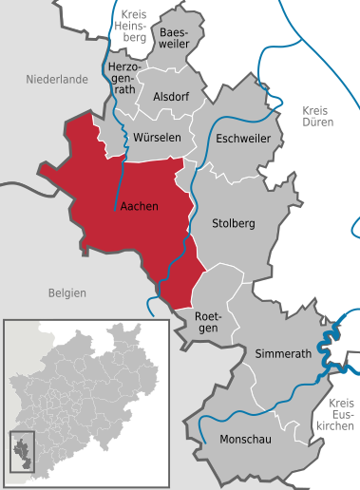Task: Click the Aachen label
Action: point(140,206)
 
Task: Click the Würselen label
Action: point(157,138)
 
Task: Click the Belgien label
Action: point(67,293)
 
